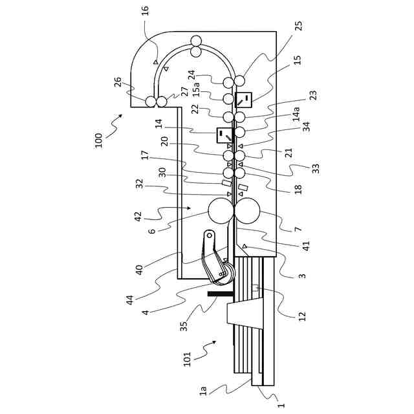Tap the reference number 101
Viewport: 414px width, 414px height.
point(187,360)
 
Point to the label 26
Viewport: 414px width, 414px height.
point(118,82)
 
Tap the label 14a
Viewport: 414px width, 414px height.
point(296,114)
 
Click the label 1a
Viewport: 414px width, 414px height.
point(203,391)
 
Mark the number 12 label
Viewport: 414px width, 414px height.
point(301,316)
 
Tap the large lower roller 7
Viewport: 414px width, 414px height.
point(248,212)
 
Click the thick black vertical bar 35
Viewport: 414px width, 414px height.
point(219,294)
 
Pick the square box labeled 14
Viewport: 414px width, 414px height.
point(224,135)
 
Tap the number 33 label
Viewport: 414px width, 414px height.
point(316,168)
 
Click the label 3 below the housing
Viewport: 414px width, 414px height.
point(302,276)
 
